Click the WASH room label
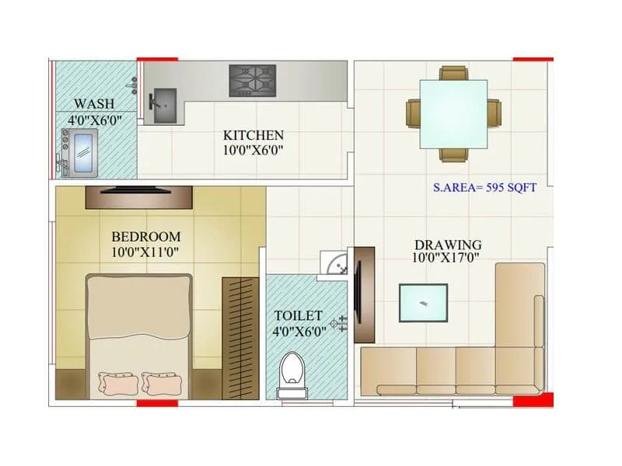tap(94, 103)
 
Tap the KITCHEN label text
tap(253, 135)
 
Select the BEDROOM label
tap(146, 237)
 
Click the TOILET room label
tap(298, 315)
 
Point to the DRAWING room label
tap(447, 245)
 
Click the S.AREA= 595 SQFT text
tap(484, 188)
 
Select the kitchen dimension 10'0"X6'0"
tap(253, 149)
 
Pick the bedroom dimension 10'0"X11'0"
tap(146, 252)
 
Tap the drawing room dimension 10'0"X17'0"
tap(447, 259)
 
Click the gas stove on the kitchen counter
tap(253, 80)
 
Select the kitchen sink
tap(164, 106)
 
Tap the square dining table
tap(454, 113)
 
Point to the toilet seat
tap(292, 371)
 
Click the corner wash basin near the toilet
tap(334, 264)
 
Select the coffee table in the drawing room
tap(423, 303)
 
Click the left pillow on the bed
tap(117, 383)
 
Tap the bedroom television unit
tap(138, 196)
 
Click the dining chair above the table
tap(454, 73)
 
